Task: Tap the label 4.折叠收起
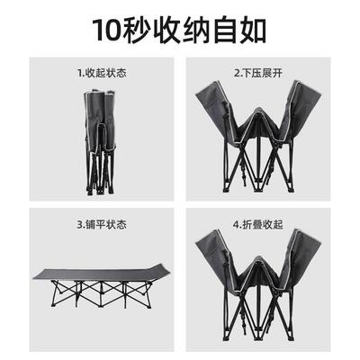[x=256, y=223]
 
